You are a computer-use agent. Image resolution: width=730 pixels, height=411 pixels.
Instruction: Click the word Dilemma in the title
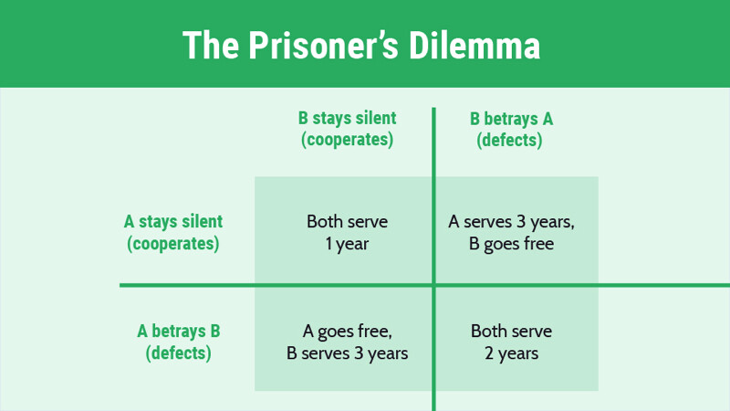474,45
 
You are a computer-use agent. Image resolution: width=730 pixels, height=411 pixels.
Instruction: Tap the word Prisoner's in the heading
323,45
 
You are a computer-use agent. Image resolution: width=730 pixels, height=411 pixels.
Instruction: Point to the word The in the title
211,45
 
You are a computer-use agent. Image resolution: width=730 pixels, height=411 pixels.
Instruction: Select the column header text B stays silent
348,119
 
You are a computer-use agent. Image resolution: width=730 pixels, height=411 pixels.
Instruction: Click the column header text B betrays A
511,119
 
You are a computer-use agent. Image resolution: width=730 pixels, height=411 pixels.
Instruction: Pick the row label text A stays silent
173,222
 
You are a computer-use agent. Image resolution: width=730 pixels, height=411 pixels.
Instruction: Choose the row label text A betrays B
179,332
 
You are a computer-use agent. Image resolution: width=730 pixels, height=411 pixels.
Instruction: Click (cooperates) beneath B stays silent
348,140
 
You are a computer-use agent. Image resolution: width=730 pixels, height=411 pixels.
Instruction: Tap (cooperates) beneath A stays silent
173,244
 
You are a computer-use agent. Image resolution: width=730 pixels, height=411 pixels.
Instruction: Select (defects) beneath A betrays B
179,353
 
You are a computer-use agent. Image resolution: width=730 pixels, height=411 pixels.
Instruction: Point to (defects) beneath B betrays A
509,141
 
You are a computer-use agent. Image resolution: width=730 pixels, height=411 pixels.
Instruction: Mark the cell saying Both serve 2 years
511,342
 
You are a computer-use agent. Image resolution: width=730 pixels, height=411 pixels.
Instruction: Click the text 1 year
348,244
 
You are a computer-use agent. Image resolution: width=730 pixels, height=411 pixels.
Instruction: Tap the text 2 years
511,353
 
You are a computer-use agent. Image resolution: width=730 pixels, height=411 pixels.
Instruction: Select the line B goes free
511,244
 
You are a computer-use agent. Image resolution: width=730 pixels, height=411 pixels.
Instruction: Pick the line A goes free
348,332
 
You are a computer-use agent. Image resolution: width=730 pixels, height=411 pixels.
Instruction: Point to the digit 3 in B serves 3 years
358,353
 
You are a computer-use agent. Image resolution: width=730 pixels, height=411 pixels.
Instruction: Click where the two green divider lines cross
434,285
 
